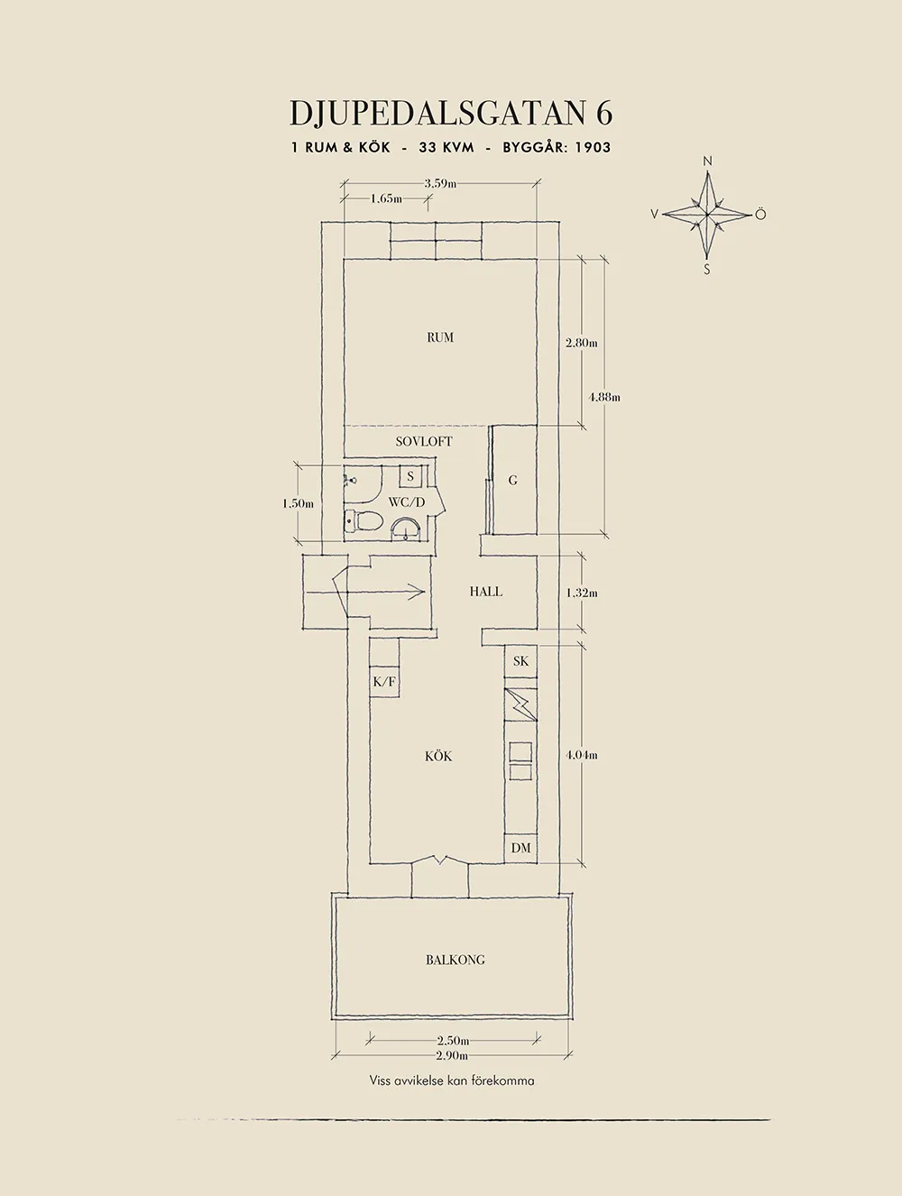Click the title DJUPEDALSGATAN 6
(x=451, y=114)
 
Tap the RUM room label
(x=440, y=337)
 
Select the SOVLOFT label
(x=424, y=441)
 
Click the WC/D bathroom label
(x=406, y=501)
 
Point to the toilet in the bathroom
(x=363, y=521)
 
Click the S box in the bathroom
(x=410, y=476)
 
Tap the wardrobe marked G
(x=513, y=480)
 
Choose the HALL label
(x=486, y=591)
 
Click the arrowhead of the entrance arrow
(x=419, y=591)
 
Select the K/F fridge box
(x=384, y=681)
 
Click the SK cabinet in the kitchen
(x=520, y=661)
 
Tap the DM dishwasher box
(x=520, y=847)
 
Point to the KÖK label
(x=438, y=756)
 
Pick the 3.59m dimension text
(x=441, y=183)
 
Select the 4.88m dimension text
(x=604, y=397)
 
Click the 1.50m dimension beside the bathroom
(x=298, y=503)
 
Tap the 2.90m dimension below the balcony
(x=452, y=1055)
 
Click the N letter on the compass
(x=707, y=161)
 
